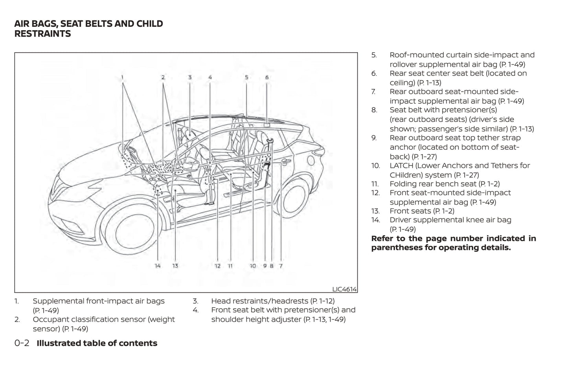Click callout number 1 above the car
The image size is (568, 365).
pos(122,77)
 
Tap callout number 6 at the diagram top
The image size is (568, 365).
pos(267,77)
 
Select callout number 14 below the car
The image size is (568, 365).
pos(158,266)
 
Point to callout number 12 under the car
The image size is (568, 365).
pos(217,266)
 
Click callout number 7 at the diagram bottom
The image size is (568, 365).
pos(281,266)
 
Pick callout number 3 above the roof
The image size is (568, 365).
pos(189,77)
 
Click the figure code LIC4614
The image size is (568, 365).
pos(344,289)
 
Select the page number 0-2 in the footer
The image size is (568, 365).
pos(22,343)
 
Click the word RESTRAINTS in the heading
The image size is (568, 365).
pos(42,34)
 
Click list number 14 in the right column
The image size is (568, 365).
pos(375,220)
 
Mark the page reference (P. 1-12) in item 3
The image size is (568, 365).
pos(322,301)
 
